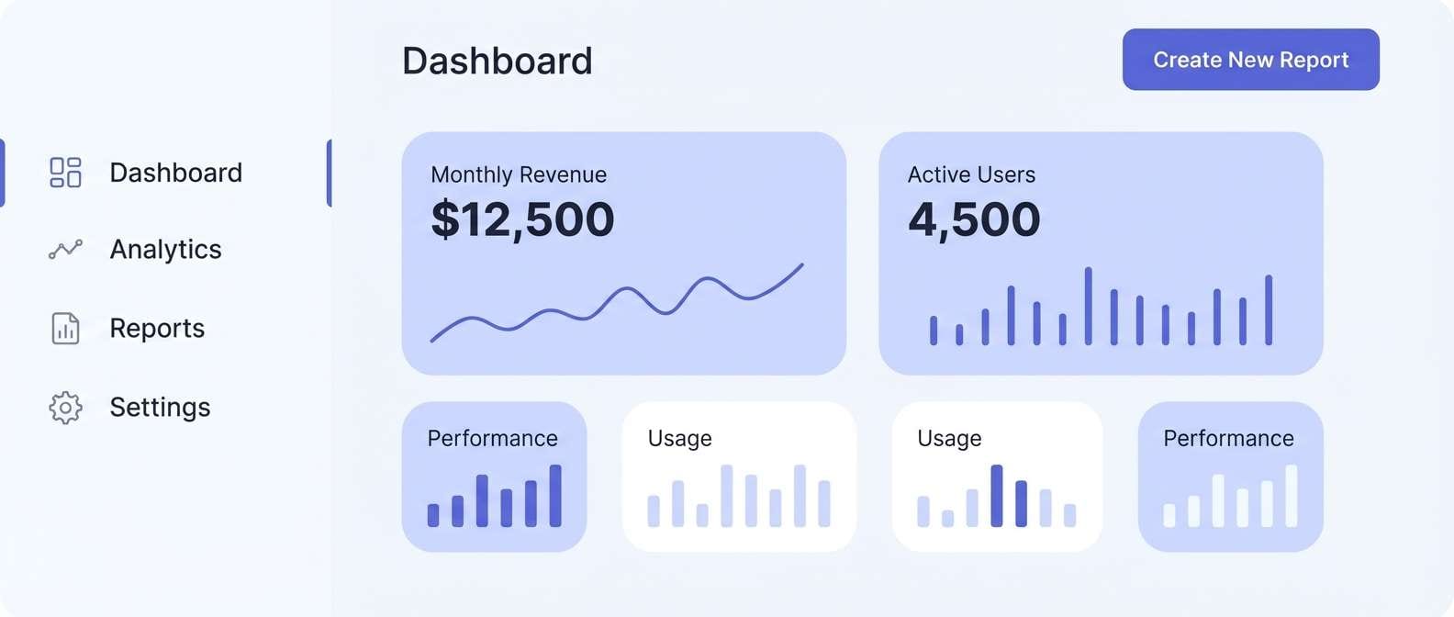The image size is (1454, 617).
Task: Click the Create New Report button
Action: [1250, 60]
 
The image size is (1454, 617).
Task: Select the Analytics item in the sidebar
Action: [165, 250]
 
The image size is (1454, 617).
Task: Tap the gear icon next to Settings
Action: [65, 408]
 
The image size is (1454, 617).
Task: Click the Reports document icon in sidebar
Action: [65, 329]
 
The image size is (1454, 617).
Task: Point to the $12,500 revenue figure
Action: [522, 219]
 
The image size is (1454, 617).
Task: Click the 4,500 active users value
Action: [974, 219]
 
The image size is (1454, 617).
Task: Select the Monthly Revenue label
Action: [519, 174]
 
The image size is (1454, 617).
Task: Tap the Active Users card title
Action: [971, 174]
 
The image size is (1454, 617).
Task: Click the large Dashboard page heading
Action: [497, 62]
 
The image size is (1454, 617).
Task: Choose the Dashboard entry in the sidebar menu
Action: [175, 173]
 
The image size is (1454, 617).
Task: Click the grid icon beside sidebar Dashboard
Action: [65, 173]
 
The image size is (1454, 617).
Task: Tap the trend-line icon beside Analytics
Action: [65, 250]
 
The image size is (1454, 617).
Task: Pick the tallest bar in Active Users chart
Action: [1088, 306]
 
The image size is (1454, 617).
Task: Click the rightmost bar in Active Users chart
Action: [1269, 310]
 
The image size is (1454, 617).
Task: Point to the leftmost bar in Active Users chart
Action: [934, 331]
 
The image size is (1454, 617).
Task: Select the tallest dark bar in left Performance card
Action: [555, 496]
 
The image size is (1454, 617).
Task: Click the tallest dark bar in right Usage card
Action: [997, 496]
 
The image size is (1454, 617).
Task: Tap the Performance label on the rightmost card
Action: [1228, 438]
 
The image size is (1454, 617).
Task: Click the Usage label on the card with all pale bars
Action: [679, 439]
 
